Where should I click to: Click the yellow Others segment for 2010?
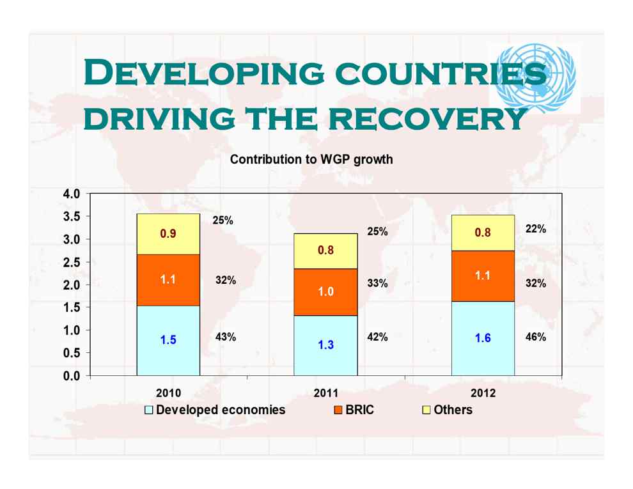click(x=168, y=234)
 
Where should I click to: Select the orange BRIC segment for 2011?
click(x=325, y=292)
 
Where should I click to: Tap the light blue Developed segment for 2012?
click(x=483, y=339)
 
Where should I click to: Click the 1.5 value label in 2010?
click(x=168, y=339)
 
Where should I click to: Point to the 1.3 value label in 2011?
click(x=326, y=345)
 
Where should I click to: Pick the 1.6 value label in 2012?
click(x=483, y=338)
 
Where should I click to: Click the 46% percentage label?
click(x=536, y=337)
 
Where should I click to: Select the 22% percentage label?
click(x=536, y=229)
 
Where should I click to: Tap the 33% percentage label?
click(x=377, y=283)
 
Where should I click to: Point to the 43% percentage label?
click(x=226, y=337)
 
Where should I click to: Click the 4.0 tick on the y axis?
click(x=72, y=194)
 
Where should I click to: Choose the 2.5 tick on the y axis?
click(x=72, y=262)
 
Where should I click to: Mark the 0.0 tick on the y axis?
click(x=72, y=376)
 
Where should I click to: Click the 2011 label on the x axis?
click(x=326, y=393)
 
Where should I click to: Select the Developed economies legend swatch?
click(x=148, y=410)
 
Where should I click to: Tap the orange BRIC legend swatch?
click(x=338, y=410)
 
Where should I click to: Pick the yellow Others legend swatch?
click(x=426, y=410)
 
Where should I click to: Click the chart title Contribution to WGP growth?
click(x=311, y=159)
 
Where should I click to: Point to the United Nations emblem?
click(x=535, y=78)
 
